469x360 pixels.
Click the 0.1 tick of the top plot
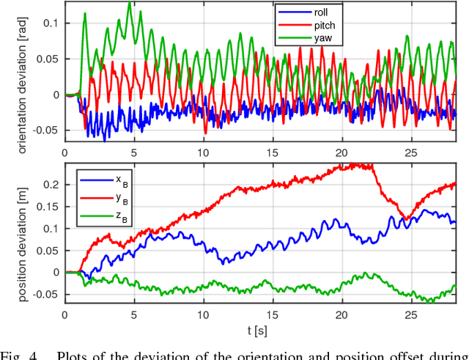[x=49, y=23]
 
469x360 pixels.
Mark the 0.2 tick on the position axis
[x=49, y=184]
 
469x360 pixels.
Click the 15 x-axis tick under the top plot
[x=273, y=152]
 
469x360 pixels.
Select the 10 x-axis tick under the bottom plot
[x=203, y=313]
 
